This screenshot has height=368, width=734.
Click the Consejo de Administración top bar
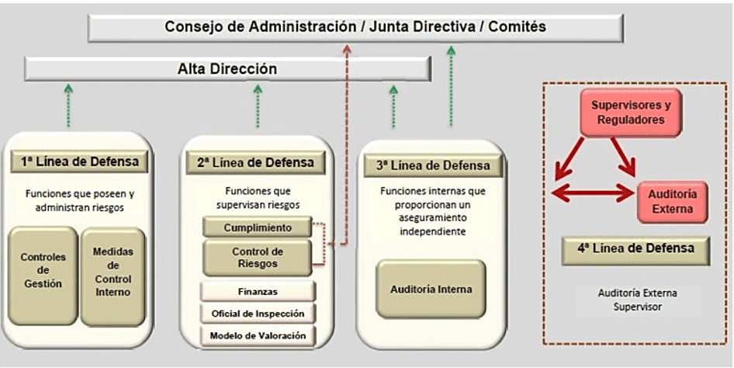click(x=355, y=27)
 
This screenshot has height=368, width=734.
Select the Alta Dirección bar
click(x=227, y=69)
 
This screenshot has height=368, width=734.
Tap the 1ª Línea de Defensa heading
click(x=80, y=162)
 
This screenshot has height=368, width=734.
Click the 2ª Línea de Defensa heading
click(x=255, y=162)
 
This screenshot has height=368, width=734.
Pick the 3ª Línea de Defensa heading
click(x=433, y=165)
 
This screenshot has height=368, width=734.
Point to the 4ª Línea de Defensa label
click(x=636, y=249)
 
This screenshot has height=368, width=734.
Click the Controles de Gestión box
click(x=43, y=271)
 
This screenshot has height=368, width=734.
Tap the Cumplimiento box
click(x=257, y=227)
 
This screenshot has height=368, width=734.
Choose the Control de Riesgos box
click(x=257, y=257)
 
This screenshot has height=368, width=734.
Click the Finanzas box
click(x=258, y=291)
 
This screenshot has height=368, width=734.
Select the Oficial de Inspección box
click(x=258, y=314)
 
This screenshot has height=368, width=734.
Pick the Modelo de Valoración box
click(x=258, y=336)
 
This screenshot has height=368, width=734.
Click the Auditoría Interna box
click(x=431, y=290)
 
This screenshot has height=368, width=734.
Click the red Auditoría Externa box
click(x=672, y=200)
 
